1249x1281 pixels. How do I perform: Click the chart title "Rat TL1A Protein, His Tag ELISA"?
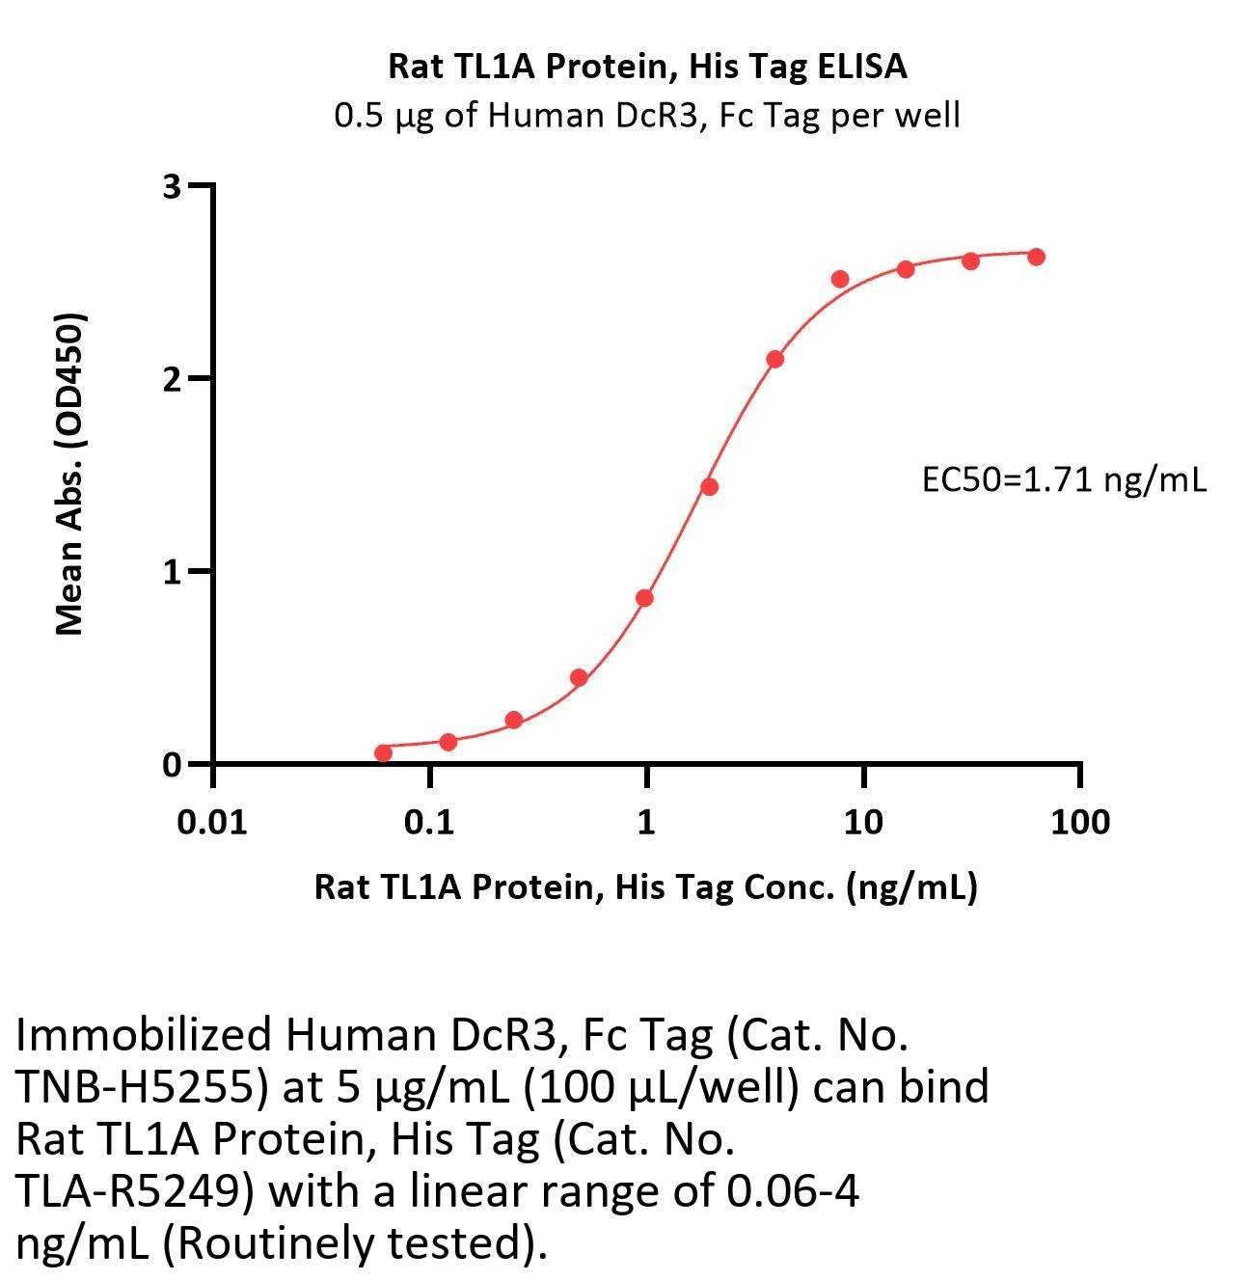pos(647,66)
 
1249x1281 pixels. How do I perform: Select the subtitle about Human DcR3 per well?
pos(647,116)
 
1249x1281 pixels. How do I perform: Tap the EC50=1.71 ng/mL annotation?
pos(1064,479)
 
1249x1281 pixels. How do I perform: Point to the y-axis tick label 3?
pos(172,186)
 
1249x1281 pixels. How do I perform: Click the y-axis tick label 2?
pos(172,379)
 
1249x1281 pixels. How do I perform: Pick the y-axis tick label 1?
pos(173,572)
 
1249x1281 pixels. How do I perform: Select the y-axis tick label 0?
pos(172,765)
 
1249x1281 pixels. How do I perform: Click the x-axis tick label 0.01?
pos(213,823)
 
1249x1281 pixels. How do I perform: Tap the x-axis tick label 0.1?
pos(429,823)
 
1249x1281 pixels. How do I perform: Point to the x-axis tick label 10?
pos(863,823)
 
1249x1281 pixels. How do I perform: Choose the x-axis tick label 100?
pos(1079,823)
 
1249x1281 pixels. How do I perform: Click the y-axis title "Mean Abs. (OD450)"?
pos(69,474)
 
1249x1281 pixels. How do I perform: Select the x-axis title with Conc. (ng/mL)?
pos(645,886)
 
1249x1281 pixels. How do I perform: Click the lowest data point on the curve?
pos(383,752)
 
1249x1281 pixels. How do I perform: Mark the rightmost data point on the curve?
pos(1036,257)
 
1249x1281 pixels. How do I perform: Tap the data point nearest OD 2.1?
pos(774,359)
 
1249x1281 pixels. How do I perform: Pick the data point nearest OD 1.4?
pos(709,486)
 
